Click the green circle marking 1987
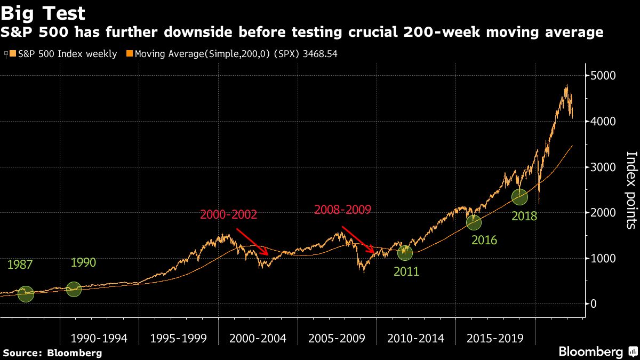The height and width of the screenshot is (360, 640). click(26, 294)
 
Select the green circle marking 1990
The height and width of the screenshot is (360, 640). click(74, 290)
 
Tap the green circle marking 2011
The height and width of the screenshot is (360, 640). click(405, 252)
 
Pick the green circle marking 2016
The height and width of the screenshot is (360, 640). click(473, 222)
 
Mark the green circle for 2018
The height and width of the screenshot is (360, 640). click(519, 197)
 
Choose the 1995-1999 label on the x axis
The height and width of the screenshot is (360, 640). click(179, 339)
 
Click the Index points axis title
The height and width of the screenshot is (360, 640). click(630, 190)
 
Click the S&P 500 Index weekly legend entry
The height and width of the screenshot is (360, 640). click(63, 54)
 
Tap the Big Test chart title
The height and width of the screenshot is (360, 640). click(43, 13)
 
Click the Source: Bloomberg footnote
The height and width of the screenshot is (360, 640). click(52, 353)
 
